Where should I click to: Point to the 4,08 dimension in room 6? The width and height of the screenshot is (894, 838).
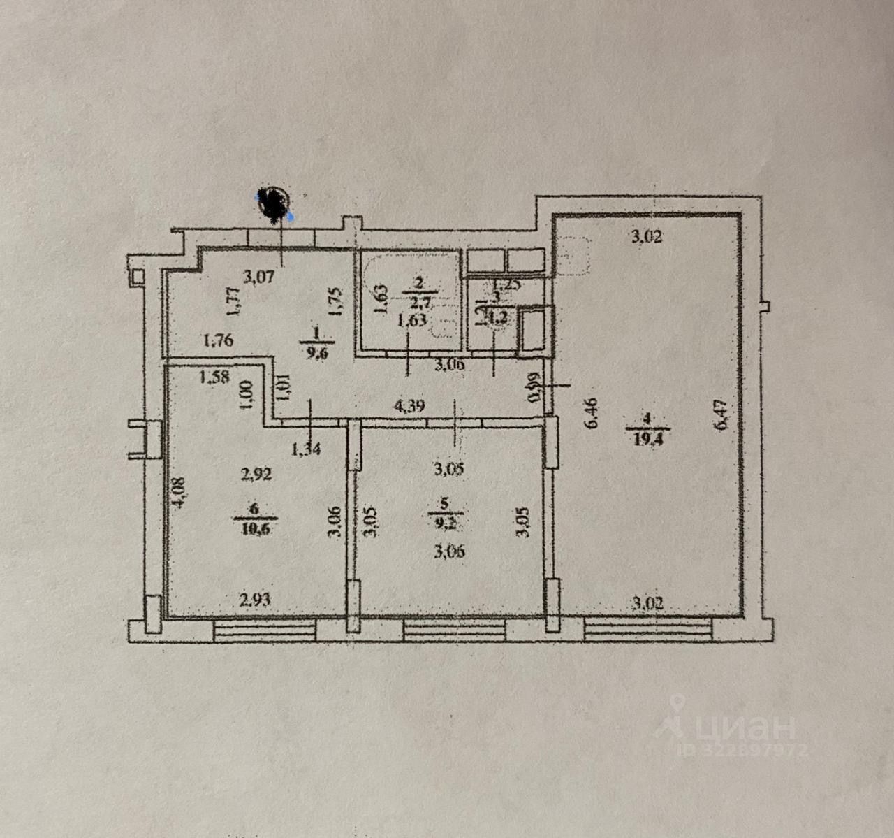tap(179, 494)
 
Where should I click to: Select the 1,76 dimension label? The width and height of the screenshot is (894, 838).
tap(218, 341)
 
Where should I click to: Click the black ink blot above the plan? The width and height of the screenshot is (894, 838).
tap(273, 203)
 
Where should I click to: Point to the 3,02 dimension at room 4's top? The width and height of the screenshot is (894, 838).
tap(647, 237)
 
